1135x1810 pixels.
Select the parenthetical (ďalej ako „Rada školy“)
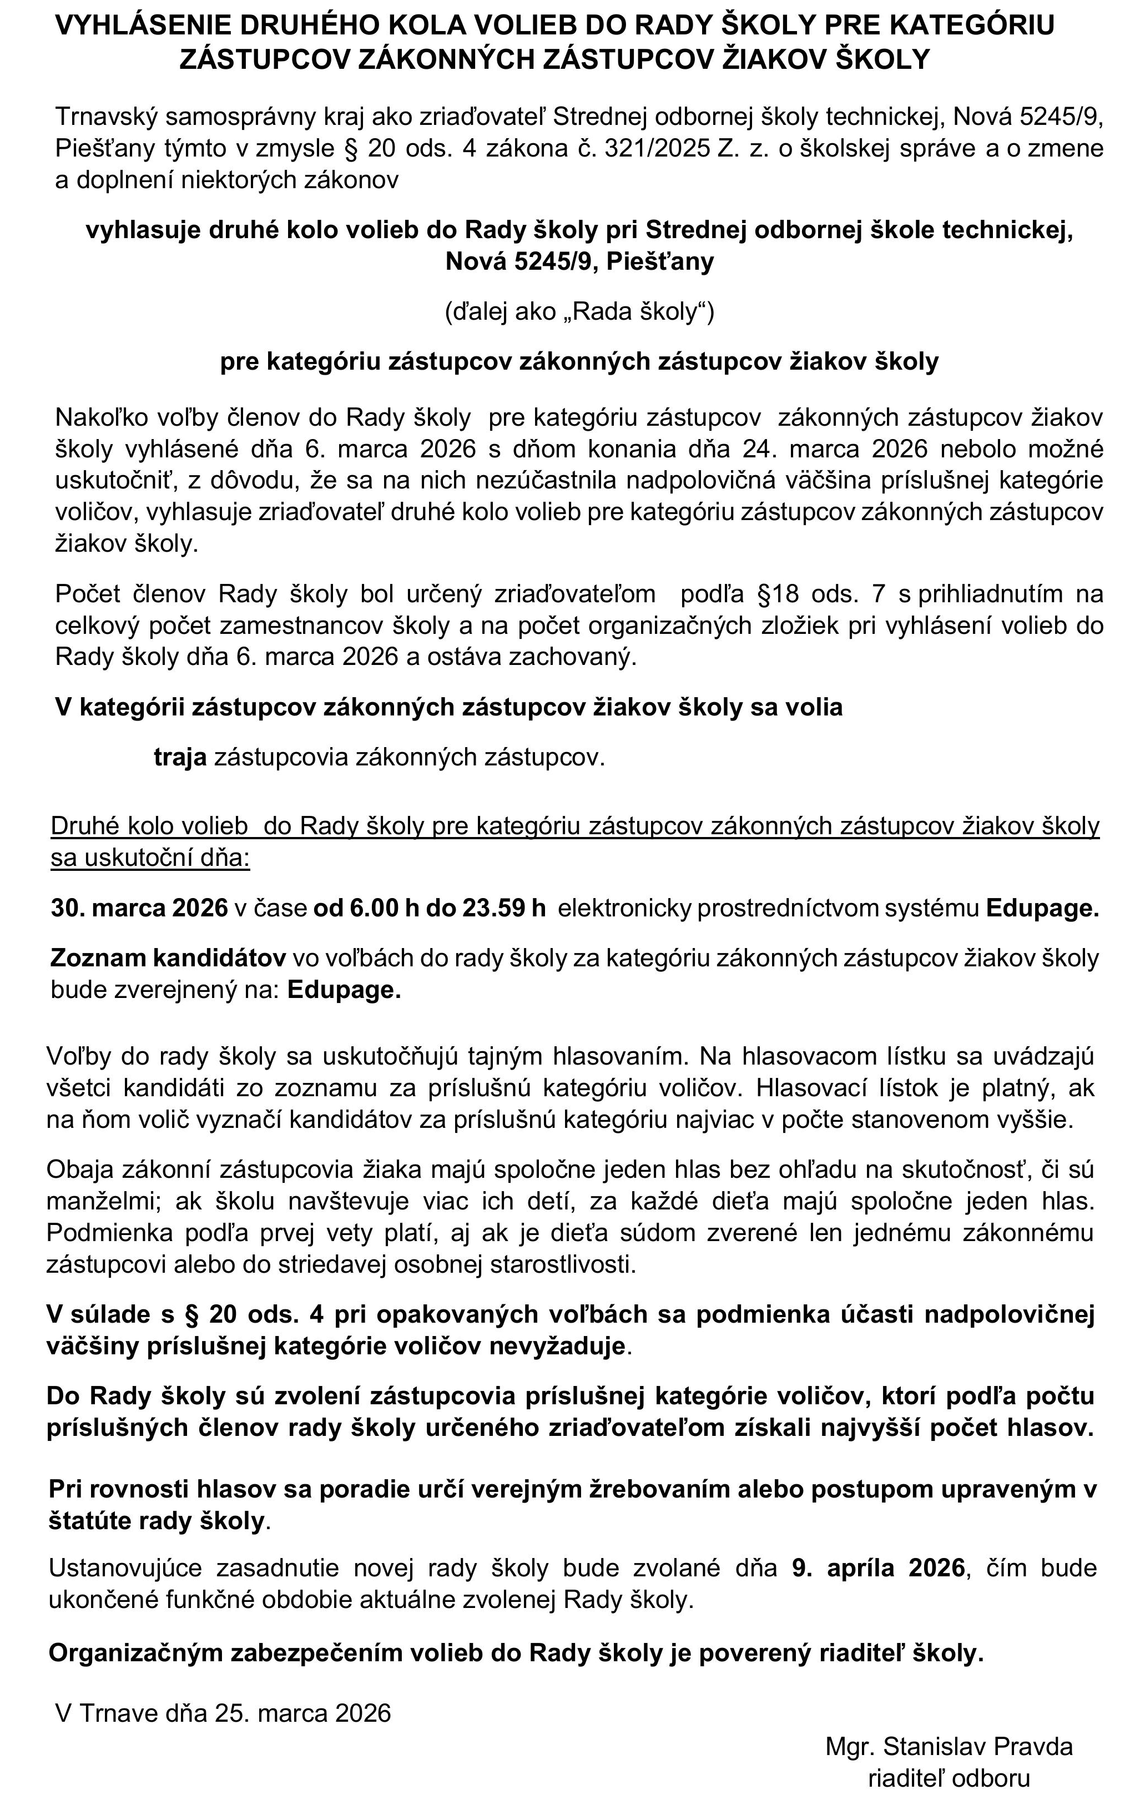click(x=579, y=311)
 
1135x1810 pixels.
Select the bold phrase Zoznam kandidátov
click(x=168, y=957)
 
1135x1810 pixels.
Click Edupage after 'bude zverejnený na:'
click(x=344, y=990)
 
